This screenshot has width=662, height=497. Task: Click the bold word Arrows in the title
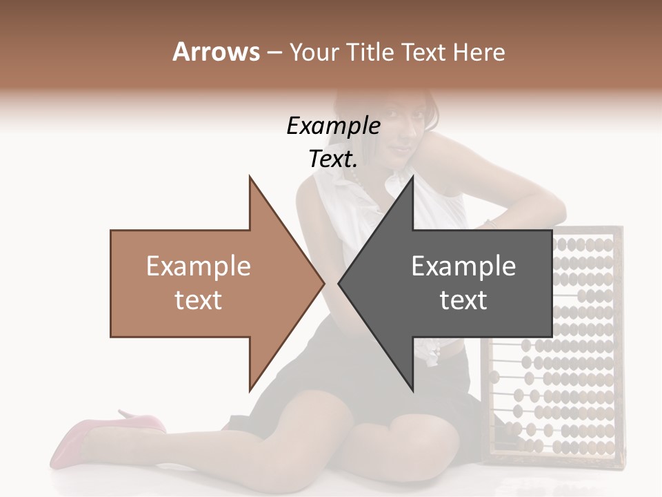(217, 52)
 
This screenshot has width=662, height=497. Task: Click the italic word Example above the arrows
(333, 126)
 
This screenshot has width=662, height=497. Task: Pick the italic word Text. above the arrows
(333, 159)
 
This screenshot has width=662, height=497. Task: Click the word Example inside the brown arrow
(198, 266)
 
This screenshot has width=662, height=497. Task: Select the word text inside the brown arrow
(198, 300)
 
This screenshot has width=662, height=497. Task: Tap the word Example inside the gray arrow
(463, 266)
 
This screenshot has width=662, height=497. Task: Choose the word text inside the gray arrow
(463, 300)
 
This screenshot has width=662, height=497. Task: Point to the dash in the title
(274, 52)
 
